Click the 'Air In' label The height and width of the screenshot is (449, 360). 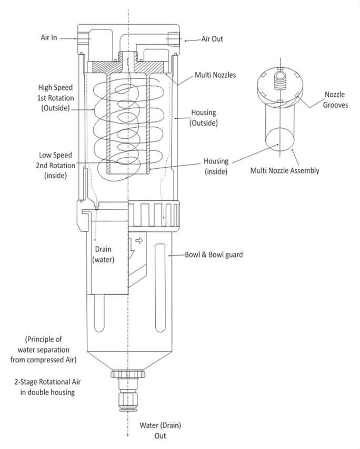coord(49,38)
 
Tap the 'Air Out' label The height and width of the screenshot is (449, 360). coord(213,39)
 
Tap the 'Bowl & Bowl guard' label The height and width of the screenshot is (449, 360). coord(213,255)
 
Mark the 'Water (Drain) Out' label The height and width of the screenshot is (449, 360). coord(155,430)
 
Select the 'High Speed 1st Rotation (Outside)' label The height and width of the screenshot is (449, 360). coord(55,97)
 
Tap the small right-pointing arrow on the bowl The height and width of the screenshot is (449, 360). coord(139,240)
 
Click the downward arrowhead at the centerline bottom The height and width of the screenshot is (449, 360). coord(128,434)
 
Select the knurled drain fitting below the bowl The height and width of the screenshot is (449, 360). coord(128,375)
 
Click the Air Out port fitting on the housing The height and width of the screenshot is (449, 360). coord(172,39)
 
